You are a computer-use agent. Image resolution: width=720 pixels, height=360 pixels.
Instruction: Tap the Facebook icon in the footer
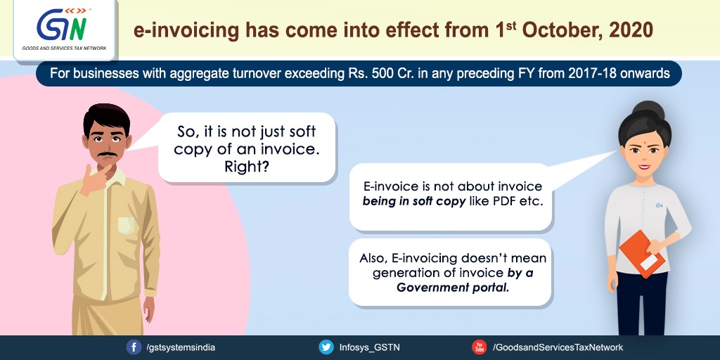click(x=134, y=347)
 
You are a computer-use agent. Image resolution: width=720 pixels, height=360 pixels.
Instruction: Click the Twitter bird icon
click(x=326, y=347)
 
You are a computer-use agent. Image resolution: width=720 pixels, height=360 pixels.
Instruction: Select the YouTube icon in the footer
click(x=480, y=347)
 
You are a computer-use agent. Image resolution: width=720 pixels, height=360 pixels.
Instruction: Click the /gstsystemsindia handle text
click(x=181, y=347)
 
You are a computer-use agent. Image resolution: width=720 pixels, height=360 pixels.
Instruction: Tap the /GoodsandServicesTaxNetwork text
click(x=558, y=347)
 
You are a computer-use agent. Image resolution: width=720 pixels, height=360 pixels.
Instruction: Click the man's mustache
click(x=107, y=154)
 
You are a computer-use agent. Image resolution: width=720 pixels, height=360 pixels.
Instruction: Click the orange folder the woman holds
click(x=642, y=254)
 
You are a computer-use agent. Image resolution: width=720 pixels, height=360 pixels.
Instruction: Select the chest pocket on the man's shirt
click(x=127, y=226)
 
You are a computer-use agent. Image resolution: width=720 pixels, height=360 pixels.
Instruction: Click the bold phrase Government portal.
click(x=454, y=288)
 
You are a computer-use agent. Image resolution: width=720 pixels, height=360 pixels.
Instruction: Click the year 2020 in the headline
click(x=629, y=30)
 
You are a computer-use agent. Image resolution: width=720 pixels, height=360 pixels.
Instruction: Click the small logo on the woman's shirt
click(x=660, y=205)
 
